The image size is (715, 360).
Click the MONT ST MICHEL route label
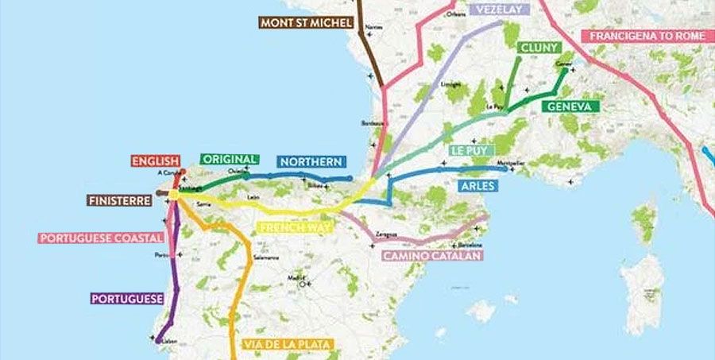(x=305, y=22)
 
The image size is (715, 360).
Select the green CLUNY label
(x=539, y=48)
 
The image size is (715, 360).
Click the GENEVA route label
(x=570, y=106)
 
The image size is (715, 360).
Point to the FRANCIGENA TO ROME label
(x=647, y=36)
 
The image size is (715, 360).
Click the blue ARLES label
(x=478, y=186)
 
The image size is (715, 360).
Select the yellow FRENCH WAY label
(x=294, y=227)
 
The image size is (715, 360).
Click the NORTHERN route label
(x=310, y=161)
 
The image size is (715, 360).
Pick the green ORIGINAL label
(x=230, y=159)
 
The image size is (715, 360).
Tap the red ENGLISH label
(x=156, y=161)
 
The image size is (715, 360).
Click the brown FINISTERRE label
(x=119, y=201)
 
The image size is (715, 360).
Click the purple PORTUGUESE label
(x=127, y=299)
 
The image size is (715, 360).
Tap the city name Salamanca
(x=266, y=258)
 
